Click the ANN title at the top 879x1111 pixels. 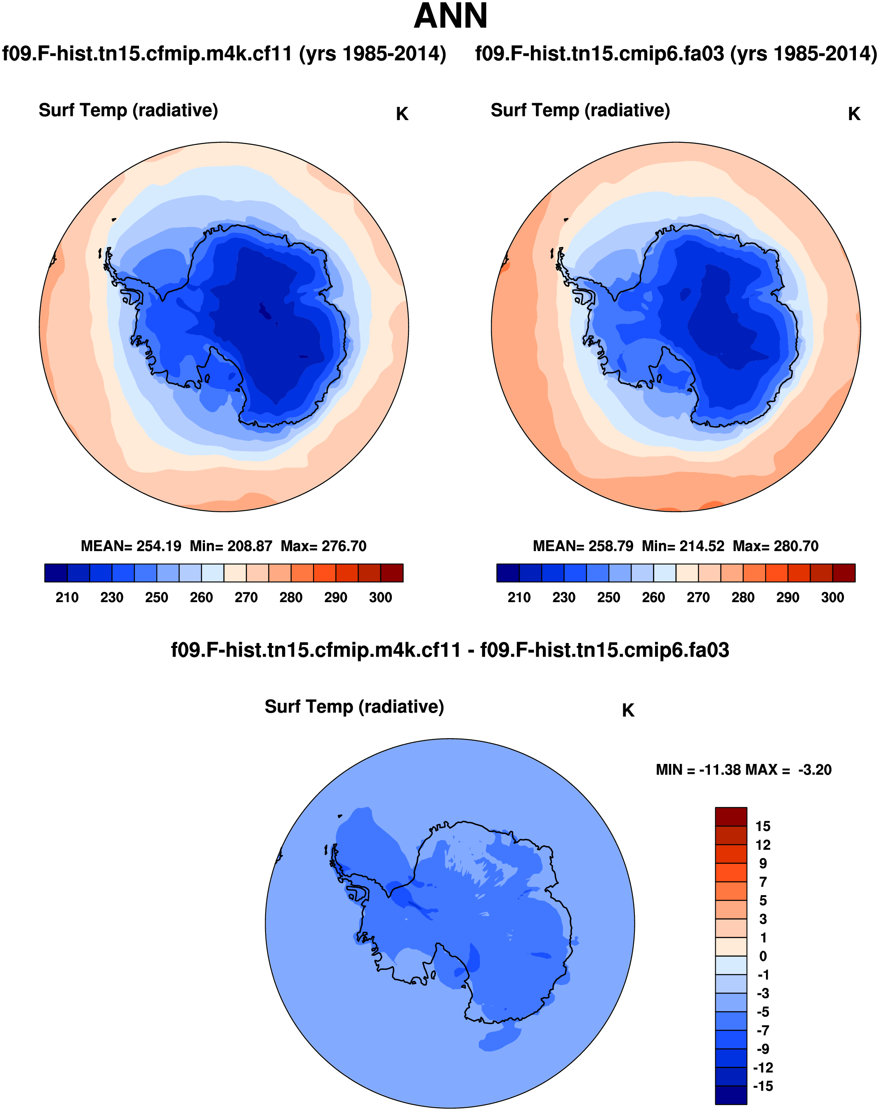450,17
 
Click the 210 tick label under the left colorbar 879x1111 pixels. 67,597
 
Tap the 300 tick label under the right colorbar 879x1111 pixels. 832,597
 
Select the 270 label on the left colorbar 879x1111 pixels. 246,597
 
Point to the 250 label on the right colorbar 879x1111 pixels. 608,597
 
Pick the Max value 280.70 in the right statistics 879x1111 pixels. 796,546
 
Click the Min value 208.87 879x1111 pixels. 250,546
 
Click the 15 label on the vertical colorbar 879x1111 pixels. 763,826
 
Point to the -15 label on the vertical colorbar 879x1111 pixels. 763,1086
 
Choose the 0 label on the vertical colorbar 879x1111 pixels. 763,956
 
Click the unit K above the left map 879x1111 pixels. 402,114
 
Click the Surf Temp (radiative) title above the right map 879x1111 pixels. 580,110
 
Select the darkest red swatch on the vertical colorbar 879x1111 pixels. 731,816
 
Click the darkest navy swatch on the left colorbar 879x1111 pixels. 56,573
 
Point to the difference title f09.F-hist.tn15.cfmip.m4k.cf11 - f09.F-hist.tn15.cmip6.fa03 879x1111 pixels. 450,650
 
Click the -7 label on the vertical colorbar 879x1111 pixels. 763,1030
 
